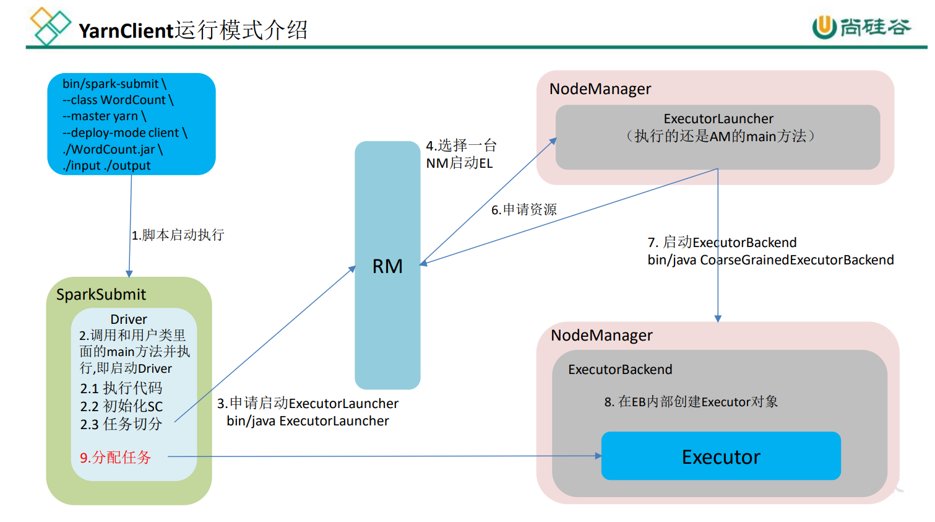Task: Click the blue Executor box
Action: coord(721,456)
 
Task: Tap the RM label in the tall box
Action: coord(387,266)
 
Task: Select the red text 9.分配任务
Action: coord(115,458)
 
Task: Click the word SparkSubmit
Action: coord(101,295)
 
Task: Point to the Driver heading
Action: coord(129,320)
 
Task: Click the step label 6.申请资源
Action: coord(524,210)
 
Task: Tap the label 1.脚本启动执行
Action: coord(178,235)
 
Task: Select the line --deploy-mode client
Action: coord(124,133)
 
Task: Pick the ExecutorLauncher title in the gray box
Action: coord(718,119)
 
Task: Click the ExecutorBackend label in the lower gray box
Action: coord(620,370)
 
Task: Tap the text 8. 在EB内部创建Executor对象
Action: coord(691,402)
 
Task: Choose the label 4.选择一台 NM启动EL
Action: coord(461,154)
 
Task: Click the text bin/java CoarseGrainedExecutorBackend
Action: coord(770,260)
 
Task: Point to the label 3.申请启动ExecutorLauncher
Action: coord(308,404)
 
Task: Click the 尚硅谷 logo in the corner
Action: coord(861,27)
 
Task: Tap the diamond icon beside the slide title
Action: coord(50,26)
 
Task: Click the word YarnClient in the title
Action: coord(126,30)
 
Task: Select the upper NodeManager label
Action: coord(600,89)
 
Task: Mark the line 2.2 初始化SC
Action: coord(121,407)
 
